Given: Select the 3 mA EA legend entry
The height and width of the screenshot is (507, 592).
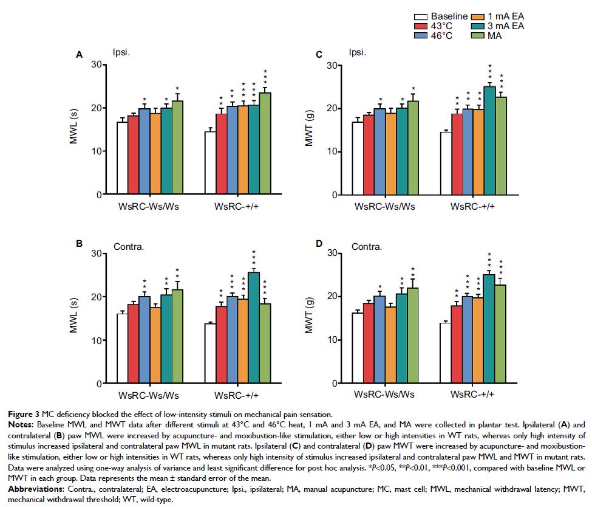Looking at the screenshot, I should (x=495, y=27).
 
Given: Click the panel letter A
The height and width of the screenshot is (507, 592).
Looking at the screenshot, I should (x=78, y=55).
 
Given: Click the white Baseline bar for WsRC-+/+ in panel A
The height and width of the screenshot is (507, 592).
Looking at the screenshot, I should (x=211, y=164).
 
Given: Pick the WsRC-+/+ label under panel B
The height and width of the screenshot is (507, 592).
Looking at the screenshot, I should (x=238, y=396).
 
